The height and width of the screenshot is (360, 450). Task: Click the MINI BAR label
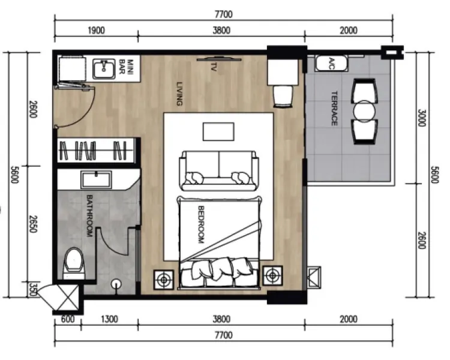coord(126,67)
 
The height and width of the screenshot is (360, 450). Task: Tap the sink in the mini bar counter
coord(104,69)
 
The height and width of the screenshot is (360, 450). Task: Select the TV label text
coord(213,67)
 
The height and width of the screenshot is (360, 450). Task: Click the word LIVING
coord(179,94)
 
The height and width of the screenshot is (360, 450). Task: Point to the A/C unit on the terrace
coord(331,64)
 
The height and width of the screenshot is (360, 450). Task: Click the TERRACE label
coord(334,109)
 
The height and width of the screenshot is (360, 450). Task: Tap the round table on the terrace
coord(364,111)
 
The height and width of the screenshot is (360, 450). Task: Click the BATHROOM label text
coord(89,216)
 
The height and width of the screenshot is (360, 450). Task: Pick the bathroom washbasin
coord(96,180)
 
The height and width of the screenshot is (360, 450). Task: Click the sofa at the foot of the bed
coord(218,171)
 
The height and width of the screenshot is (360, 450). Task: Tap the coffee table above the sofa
coord(218,132)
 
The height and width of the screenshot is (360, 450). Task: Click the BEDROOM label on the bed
coord(201,224)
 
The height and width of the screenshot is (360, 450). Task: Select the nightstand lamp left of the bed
coord(164,280)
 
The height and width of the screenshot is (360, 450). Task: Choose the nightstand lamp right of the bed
coord(272,275)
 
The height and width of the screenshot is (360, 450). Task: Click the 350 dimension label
coord(34,290)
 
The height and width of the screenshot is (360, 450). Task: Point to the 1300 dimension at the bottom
coord(109,319)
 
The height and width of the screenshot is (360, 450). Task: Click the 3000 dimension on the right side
coord(421,118)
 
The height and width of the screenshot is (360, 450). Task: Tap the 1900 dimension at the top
coord(96,30)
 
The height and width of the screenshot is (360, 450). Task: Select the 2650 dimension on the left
coord(34,224)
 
